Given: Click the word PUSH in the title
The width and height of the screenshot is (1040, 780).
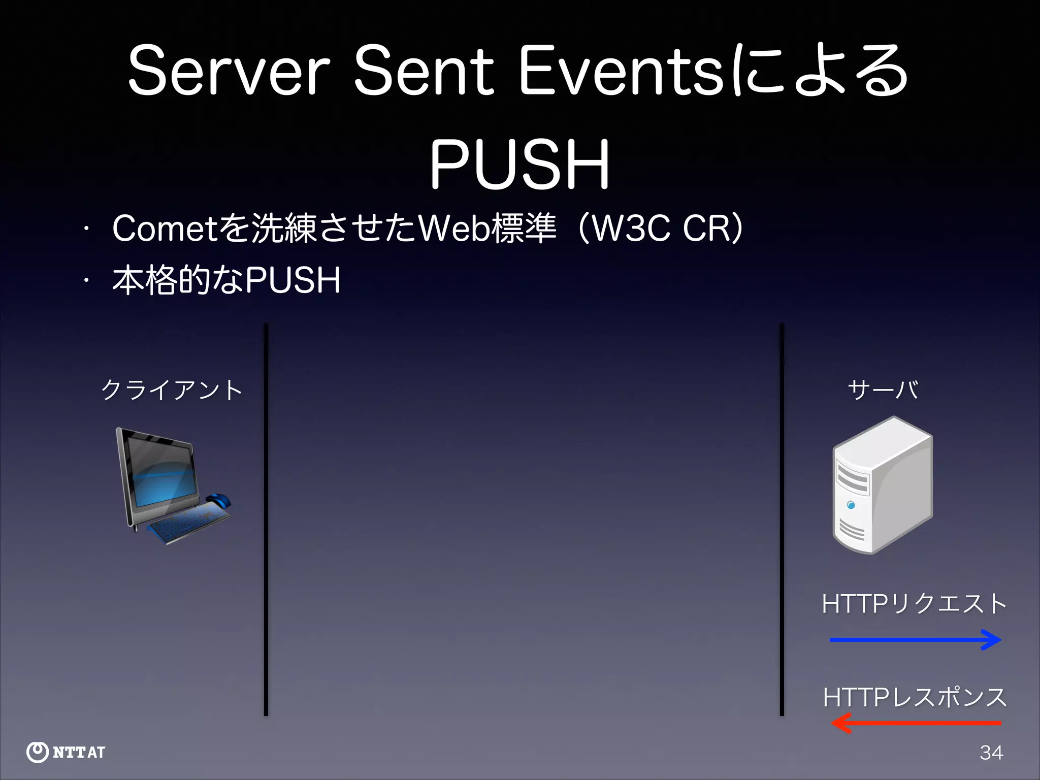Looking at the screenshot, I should (x=519, y=165).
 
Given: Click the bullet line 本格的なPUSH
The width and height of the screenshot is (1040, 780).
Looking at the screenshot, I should (x=226, y=280).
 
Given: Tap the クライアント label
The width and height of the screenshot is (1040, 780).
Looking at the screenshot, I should (x=172, y=390).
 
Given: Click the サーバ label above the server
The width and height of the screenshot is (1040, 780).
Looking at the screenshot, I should (x=883, y=390).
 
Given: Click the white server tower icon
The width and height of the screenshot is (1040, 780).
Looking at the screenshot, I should (x=883, y=485).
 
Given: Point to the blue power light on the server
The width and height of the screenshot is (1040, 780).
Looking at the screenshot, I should (x=851, y=505).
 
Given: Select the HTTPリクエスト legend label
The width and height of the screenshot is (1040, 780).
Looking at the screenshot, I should (x=914, y=604).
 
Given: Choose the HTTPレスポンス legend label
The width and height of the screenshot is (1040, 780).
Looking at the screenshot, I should (x=914, y=697).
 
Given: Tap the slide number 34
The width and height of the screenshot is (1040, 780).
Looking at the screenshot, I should (x=991, y=753).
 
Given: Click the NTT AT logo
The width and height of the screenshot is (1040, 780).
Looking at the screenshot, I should (x=66, y=752).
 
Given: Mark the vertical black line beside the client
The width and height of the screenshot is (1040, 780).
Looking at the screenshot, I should (x=266, y=518).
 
